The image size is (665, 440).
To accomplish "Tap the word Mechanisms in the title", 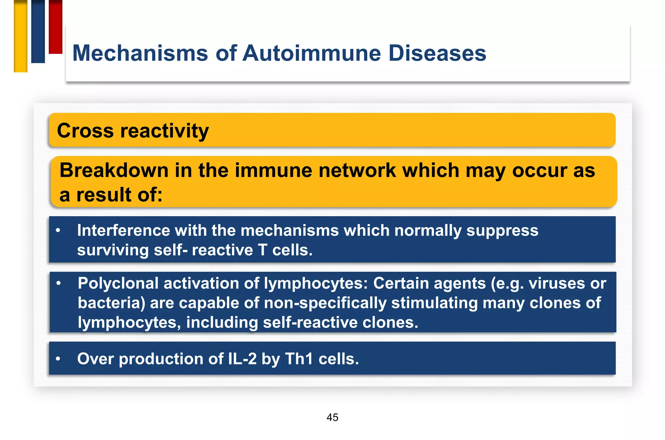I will [140, 53].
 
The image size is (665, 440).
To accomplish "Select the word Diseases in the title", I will [437, 53].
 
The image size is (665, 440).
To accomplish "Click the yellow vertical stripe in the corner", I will [20, 36].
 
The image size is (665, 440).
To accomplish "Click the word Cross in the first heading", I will [85, 131].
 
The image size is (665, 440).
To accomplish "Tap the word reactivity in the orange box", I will [165, 131].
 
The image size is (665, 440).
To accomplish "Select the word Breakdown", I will [114, 170].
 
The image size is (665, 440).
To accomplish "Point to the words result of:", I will [119, 195].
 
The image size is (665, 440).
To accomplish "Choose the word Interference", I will [123, 231].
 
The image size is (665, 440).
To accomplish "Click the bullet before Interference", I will [58, 231].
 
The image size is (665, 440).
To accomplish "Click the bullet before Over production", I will [58, 359].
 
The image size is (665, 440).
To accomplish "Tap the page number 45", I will [332, 417].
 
